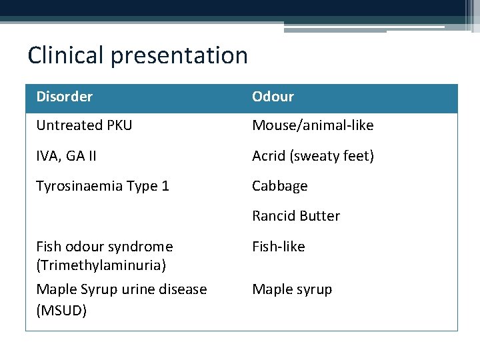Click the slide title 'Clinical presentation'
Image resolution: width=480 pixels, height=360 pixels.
[137, 55]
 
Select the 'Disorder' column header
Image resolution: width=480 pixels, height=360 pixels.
[65, 97]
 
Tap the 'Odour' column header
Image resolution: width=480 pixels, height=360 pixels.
[273, 97]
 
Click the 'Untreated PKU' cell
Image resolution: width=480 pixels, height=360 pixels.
[84, 125]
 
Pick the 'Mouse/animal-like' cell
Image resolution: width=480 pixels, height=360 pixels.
[313, 125]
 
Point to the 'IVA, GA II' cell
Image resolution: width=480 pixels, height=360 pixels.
[66, 156]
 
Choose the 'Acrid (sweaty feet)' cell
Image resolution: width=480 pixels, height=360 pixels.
[313, 156]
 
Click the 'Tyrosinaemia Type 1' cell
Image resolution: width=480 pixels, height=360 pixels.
[103, 186]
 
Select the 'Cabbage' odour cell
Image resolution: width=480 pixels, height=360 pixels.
[280, 186]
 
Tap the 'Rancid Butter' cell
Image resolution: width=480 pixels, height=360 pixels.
[296, 216]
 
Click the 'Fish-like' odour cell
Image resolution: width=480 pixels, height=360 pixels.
[278, 247]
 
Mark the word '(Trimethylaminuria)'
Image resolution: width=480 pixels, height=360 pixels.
[101, 265]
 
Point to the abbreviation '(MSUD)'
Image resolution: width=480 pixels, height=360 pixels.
[61, 311]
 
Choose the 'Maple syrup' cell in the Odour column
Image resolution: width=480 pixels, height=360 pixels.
[292, 289]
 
